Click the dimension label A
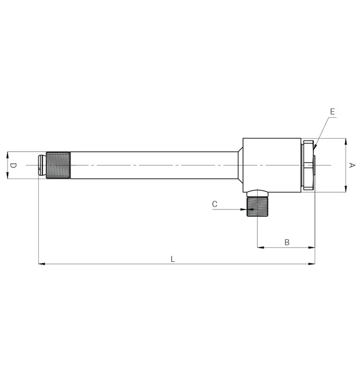pos(351,165)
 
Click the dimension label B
pos(287,242)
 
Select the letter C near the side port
pos(215,204)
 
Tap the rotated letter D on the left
pos(13,165)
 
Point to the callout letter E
pos(332,111)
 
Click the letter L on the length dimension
pos(173,259)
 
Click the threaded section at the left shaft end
pos(58,165)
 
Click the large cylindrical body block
pos(272,164)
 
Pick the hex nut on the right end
pos(308,165)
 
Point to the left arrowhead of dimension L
pos(41,264)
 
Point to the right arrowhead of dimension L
pos(312,264)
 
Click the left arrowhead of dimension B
pos(260,247)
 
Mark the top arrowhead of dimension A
pos(346,141)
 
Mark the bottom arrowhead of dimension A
pos(346,190)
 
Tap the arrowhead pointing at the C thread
pos(244,209)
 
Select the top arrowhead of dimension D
pos(7,154)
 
